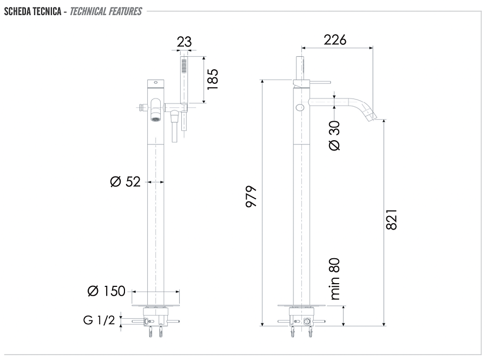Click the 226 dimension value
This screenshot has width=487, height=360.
[335, 39]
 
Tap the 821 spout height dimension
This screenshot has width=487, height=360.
[391, 219]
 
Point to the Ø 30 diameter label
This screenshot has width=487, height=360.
[334, 135]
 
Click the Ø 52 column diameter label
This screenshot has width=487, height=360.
[126, 182]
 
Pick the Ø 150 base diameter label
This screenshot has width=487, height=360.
[106, 291]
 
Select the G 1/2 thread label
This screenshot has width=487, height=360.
[99, 320]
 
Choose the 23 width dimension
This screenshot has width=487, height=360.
[184, 42]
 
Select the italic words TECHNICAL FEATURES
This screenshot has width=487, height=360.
[106, 11]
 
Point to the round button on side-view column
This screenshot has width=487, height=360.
[300, 107]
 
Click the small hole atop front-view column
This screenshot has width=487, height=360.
[156, 83]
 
